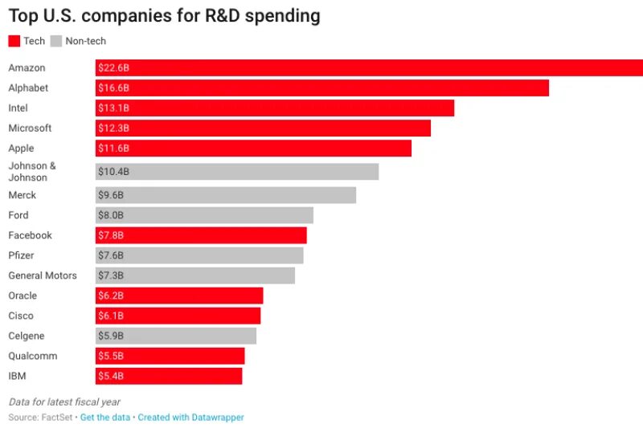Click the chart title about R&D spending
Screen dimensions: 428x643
(164, 16)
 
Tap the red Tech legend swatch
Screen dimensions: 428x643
(14, 41)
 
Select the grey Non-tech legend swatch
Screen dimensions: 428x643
(55, 41)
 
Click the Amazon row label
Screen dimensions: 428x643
(27, 68)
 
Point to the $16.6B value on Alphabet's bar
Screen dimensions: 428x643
(113, 88)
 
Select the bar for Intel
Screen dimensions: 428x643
(274, 108)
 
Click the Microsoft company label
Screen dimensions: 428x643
(30, 128)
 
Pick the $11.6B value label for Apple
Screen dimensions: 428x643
(113, 149)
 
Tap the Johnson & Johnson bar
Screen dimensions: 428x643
(236, 172)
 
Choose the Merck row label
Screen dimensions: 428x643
(23, 195)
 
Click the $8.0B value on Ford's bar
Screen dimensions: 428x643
(111, 215)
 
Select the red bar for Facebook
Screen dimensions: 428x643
(201, 235)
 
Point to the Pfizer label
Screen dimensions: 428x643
(22, 255)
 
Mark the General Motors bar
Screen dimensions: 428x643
(195, 275)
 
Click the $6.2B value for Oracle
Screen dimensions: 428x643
(111, 296)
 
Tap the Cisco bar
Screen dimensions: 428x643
(178, 316)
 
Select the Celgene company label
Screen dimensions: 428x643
(27, 336)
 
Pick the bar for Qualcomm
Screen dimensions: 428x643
(170, 356)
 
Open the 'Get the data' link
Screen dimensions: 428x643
(106, 418)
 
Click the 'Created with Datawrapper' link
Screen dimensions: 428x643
(190, 418)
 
